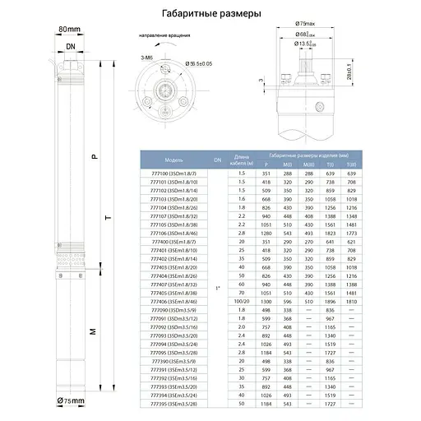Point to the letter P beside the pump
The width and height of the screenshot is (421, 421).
click(x=93, y=155)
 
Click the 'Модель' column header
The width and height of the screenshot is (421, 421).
click(x=173, y=160)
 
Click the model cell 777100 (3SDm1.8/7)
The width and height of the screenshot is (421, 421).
click(x=173, y=174)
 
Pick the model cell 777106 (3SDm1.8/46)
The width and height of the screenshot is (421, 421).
click(x=173, y=234)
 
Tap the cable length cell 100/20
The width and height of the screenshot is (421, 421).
click(x=242, y=302)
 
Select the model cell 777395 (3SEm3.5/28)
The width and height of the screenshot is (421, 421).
click(x=173, y=404)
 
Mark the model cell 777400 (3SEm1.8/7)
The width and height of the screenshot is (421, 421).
click(x=173, y=243)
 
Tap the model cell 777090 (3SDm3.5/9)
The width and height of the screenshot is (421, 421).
click(x=173, y=311)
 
